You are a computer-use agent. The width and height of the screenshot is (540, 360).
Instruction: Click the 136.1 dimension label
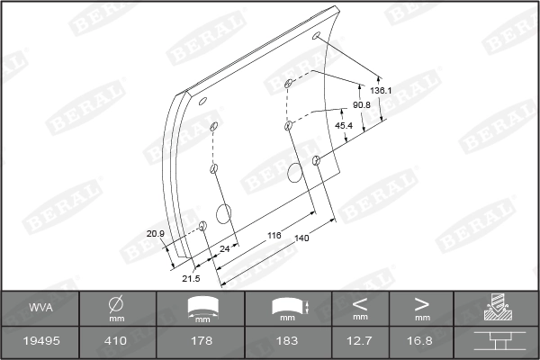point(381,91)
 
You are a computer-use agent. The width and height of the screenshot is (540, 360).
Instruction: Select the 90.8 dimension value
point(362,106)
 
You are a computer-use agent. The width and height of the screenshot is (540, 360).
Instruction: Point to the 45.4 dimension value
point(344,125)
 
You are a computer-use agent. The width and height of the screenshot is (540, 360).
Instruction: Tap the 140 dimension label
point(301,238)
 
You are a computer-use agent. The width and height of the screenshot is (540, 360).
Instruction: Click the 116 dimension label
point(274,235)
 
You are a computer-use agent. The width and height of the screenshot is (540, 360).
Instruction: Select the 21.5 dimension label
point(191,278)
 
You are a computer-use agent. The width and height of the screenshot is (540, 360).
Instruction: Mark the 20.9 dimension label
point(156,234)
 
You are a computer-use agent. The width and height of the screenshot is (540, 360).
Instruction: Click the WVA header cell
point(40,308)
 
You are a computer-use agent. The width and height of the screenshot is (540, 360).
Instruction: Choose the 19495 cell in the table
point(40,341)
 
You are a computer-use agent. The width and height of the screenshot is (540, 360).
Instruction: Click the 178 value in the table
point(202,341)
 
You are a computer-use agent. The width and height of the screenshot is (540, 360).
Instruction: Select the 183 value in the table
point(287,341)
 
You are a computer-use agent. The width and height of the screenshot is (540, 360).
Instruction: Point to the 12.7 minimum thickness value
point(361,341)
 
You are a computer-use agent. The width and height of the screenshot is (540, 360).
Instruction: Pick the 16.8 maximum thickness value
point(421,341)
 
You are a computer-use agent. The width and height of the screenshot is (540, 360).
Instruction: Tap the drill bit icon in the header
point(496,308)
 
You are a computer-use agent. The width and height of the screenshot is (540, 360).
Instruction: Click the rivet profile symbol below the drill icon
point(496,341)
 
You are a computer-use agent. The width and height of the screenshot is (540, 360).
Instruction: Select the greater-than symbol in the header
point(421,302)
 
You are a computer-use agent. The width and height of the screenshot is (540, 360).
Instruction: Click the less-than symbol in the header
point(361,302)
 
